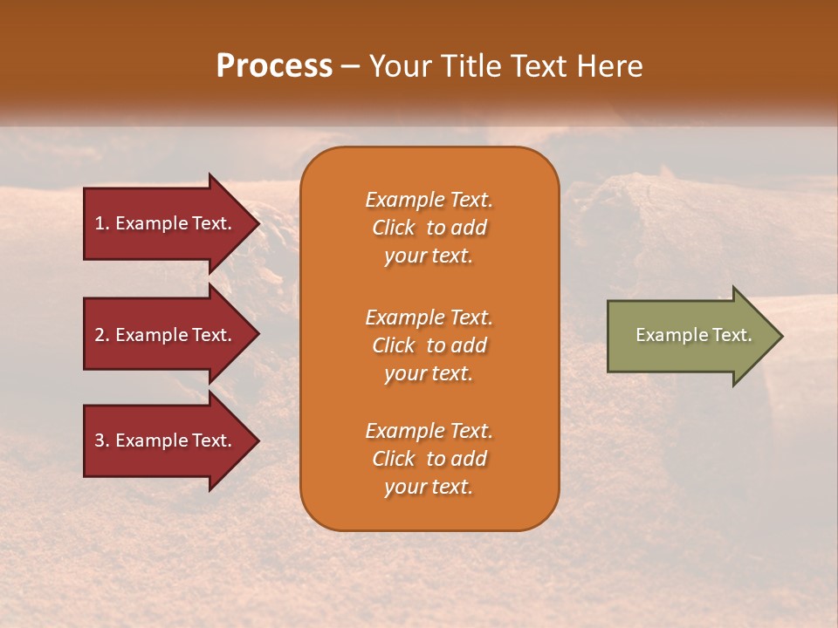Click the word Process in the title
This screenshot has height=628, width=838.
[x=274, y=66]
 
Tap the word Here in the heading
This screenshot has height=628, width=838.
[x=610, y=66]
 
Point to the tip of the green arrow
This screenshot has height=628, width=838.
[x=780, y=336]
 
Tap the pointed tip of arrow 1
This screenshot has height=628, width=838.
[x=258, y=223]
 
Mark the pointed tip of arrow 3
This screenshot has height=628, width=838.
[x=258, y=440]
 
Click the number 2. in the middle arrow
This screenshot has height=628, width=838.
[x=102, y=335]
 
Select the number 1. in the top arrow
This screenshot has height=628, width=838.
[x=102, y=223]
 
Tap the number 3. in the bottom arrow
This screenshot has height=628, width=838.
[x=102, y=440]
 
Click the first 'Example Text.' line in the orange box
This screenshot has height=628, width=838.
[x=429, y=200]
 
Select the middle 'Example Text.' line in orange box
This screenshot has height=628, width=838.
[x=429, y=317]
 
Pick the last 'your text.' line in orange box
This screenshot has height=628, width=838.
[x=429, y=488]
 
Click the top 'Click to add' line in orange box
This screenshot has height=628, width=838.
[x=429, y=228]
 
